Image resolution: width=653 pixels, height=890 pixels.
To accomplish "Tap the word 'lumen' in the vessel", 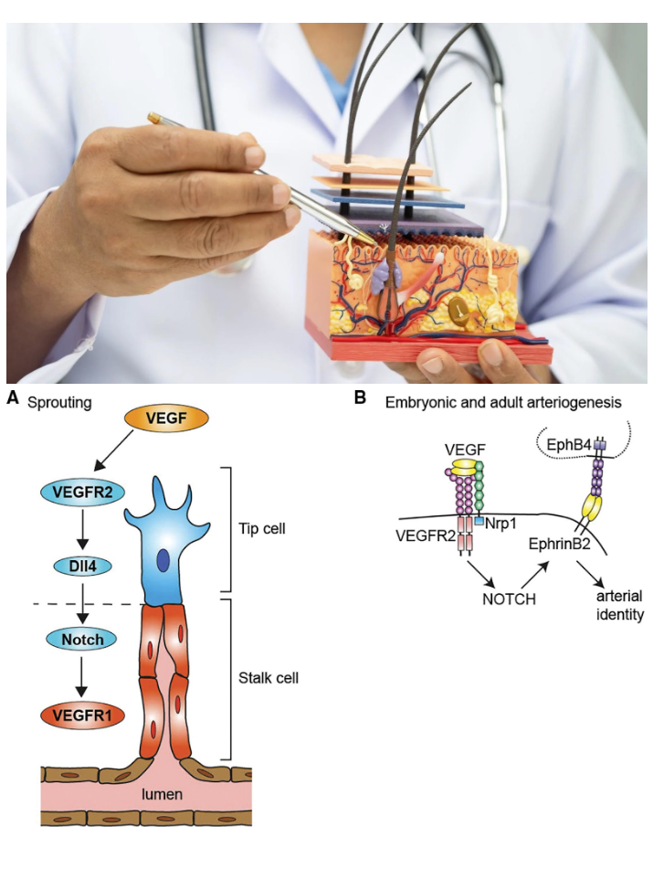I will pyautogui.click(x=161, y=794).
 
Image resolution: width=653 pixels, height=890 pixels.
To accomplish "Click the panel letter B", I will pyautogui.click(x=359, y=398).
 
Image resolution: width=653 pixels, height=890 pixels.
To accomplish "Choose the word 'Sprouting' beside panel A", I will pyautogui.click(x=60, y=402).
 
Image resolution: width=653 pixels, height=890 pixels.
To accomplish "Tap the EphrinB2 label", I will pyautogui.click(x=561, y=543).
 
